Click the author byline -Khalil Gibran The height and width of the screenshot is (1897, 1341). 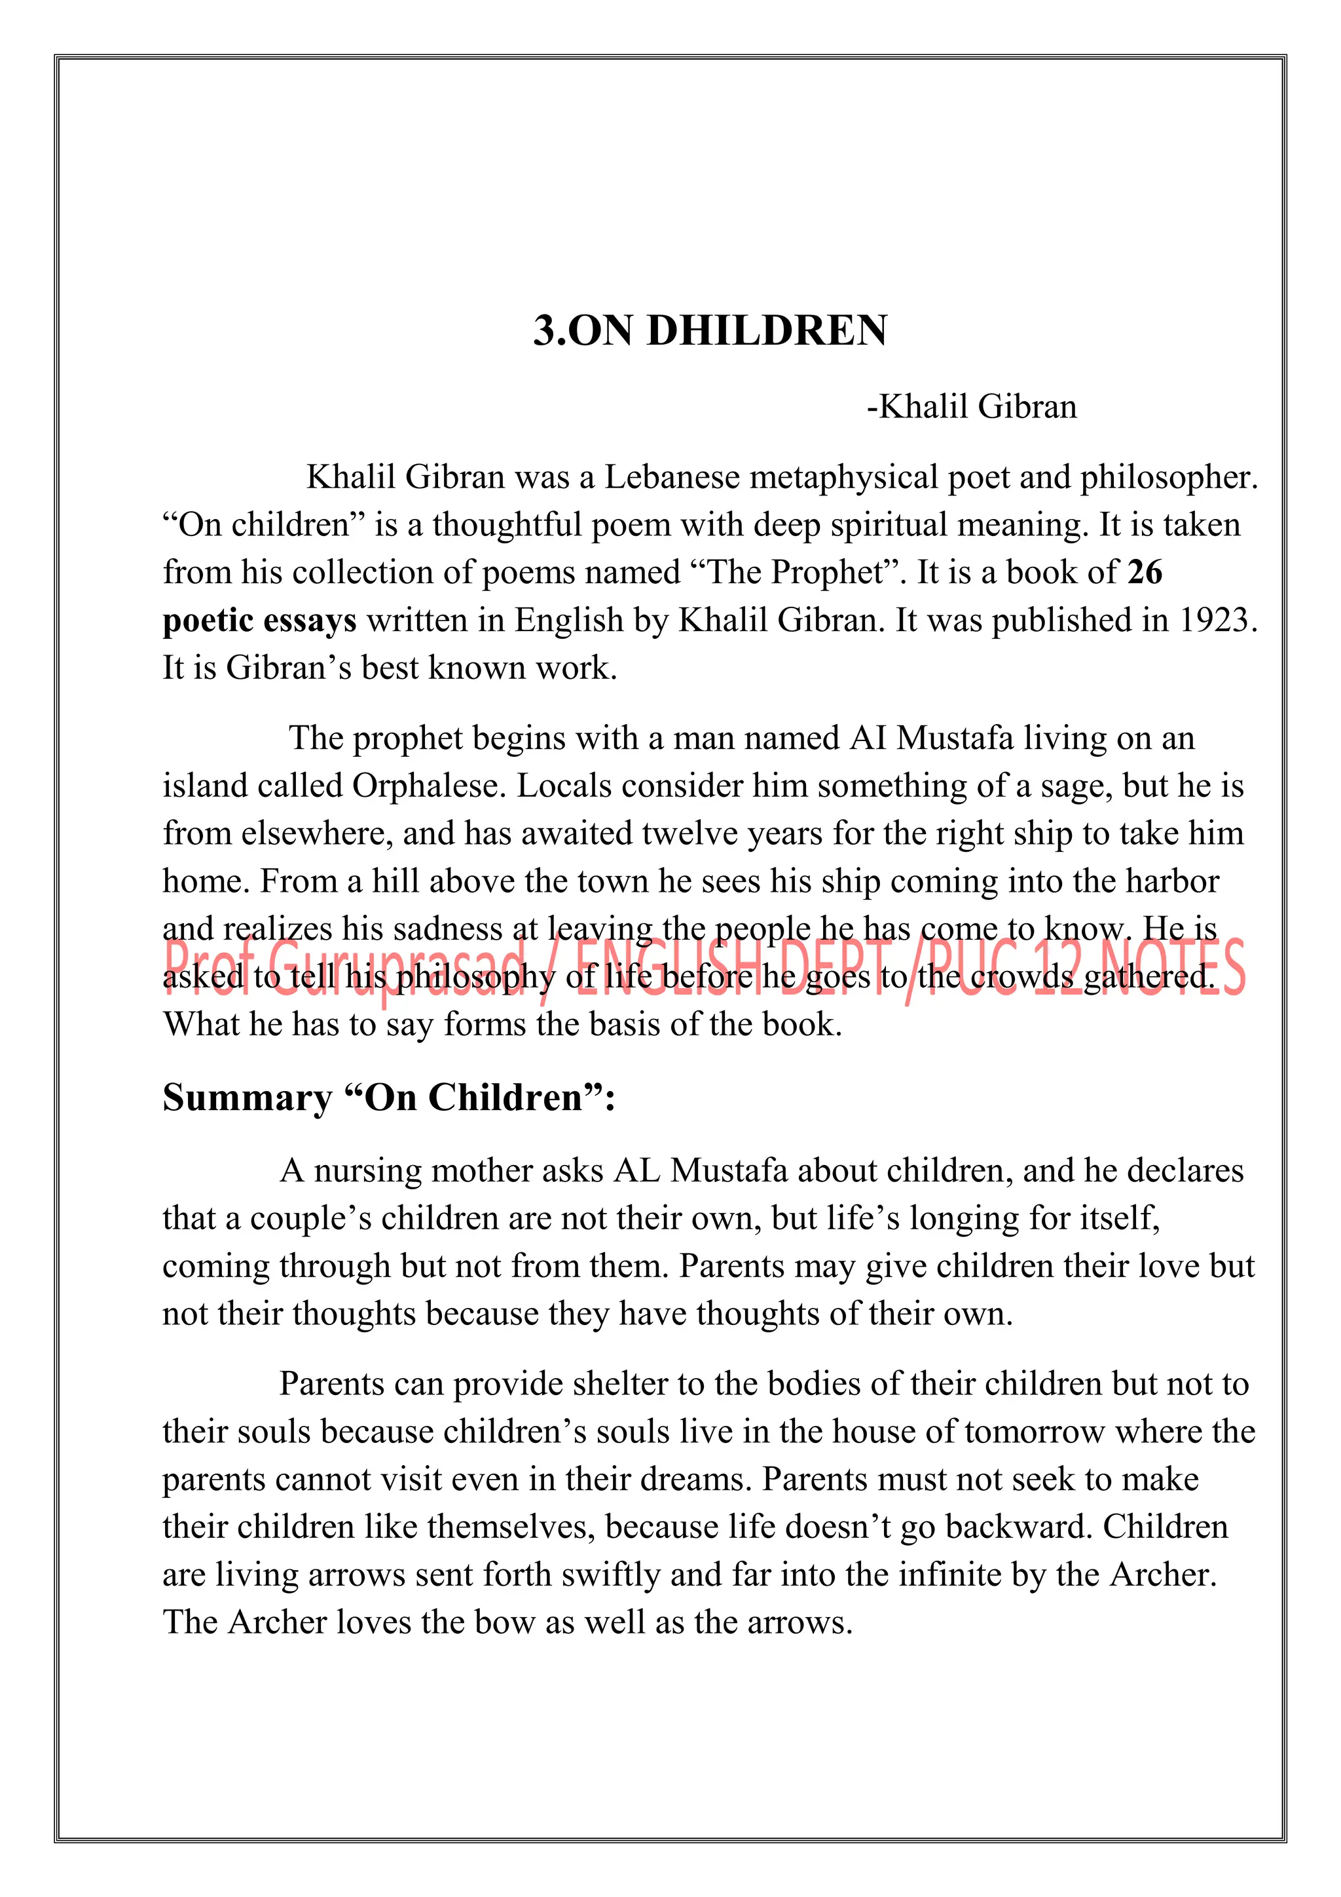point(971,406)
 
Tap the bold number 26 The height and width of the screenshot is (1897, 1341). point(1145,572)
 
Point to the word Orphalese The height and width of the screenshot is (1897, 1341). point(428,786)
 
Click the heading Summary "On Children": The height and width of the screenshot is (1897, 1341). point(389,1097)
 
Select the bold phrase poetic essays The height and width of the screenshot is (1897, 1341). point(259,621)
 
